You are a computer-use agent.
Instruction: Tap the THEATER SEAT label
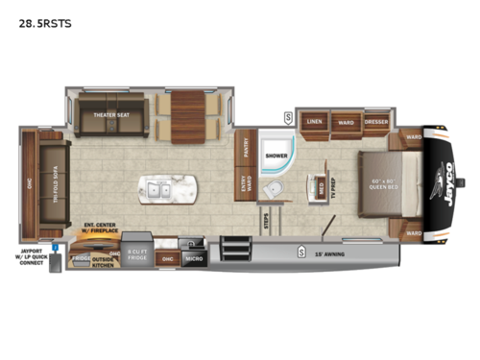click(x=111, y=115)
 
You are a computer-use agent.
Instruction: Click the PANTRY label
click(x=246, y=146)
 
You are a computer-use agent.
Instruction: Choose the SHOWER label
click(x=276, y=155)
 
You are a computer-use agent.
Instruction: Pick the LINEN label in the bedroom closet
click(x=314, y=122)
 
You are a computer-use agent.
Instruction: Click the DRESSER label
click(x=377, y=122)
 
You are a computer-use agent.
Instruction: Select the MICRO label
click(x=194, y=257)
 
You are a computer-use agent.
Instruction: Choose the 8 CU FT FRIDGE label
click(x=136, y=255)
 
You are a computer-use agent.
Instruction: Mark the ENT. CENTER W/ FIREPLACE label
click(x=99, y=228)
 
